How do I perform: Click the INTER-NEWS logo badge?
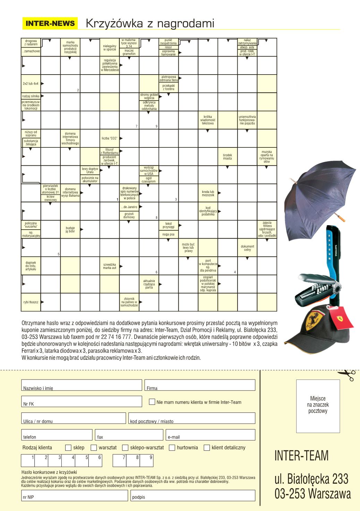tap(50, 24)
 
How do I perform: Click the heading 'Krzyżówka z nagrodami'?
tap(149, 24)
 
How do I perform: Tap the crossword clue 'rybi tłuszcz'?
tap(31, 302)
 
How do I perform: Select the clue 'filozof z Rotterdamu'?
tap(109, 151)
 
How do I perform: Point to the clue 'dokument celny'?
tap(247, 248)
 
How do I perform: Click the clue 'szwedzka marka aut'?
tap(110, 266)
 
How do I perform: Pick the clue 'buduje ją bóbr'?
tap(70, 230)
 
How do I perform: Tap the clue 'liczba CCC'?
tap(110, 138)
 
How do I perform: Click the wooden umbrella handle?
tap(342, 219)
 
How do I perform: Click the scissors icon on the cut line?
tap(346, 375)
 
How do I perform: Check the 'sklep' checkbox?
tap(68, 448)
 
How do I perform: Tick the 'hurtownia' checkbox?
tap(172, 448)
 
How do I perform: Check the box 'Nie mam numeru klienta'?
tap(152, 402)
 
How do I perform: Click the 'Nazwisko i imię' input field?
tap(82, 385)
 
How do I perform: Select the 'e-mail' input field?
tap(211, 435)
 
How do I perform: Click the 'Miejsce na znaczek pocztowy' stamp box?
tap(318, 406)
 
